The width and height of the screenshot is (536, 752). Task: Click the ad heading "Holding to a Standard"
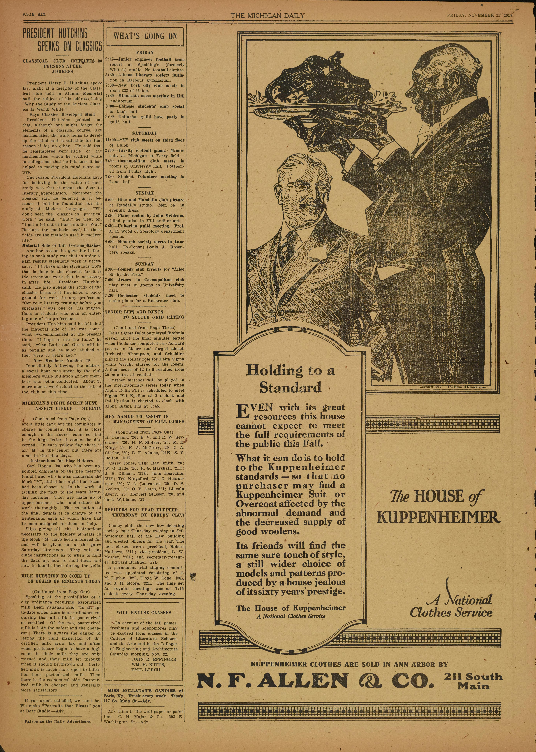pyautogui.click(x=290, y=378)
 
